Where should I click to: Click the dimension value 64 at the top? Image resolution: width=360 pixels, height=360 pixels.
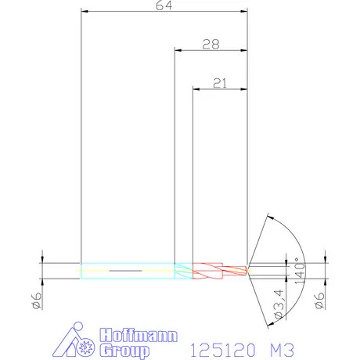(x=164, y=5)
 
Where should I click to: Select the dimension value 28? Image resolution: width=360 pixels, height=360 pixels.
(x=210, y=45)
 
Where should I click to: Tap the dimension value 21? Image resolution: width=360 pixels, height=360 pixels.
(x=219, y=82)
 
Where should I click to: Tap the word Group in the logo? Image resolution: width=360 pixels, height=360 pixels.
(x=125, y=349)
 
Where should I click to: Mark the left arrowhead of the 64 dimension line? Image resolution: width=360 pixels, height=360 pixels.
(x=85, y=12)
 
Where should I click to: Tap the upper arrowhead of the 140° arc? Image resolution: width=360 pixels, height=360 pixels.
(x=269, y=215)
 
